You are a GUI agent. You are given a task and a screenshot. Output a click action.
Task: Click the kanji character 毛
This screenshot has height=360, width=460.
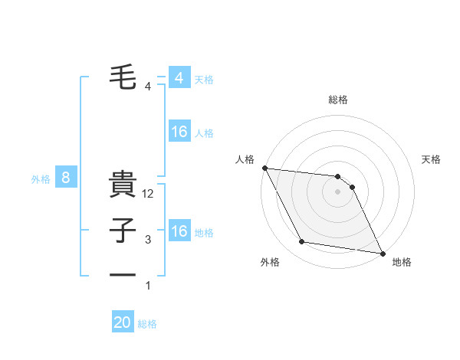123,78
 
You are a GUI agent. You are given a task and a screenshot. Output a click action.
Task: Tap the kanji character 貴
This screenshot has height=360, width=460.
123,186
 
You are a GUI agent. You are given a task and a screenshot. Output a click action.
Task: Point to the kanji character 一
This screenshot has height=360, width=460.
123,273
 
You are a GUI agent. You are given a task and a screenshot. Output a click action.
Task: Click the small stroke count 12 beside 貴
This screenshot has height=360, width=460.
149,195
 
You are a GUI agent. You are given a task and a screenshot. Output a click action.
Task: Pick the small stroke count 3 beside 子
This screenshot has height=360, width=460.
148,240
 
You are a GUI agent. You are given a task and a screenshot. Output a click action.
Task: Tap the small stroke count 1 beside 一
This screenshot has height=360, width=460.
148,286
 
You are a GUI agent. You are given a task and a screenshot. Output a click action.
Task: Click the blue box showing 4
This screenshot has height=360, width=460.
179,78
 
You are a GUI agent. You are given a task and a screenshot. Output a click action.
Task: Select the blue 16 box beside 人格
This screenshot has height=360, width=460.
179,132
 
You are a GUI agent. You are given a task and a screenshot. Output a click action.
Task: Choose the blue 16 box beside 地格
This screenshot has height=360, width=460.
179,231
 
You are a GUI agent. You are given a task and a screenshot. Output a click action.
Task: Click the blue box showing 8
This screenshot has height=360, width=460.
66,178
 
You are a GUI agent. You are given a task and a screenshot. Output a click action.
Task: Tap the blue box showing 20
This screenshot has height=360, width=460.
123,322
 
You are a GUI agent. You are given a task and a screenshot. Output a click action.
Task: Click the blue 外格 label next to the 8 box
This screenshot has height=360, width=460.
41,179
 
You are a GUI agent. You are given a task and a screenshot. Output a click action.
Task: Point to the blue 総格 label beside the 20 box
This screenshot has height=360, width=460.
147,324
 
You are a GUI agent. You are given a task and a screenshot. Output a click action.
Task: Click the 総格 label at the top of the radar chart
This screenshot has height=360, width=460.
338,100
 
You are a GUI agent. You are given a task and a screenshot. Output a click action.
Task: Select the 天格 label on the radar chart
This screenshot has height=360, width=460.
432,159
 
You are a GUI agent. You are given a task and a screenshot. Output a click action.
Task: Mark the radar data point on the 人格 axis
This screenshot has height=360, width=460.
264,168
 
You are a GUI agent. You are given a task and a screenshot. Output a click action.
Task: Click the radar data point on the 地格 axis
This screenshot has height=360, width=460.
382,252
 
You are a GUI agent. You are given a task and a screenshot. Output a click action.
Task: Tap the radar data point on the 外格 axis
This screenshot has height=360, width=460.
302,242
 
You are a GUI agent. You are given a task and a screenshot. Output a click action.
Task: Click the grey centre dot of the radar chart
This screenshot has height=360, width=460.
338,192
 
